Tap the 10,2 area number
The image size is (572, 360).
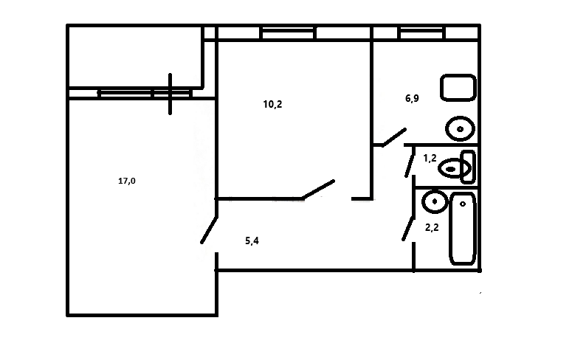pos(272,104)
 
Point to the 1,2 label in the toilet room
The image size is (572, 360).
pos(430,158)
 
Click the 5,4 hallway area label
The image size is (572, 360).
pos(252,240)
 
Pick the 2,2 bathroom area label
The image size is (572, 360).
pos(432,229)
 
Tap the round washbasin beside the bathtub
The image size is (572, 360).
pos(434,200)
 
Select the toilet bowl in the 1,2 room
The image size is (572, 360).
pos(449,168)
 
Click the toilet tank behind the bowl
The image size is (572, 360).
pos(466,166)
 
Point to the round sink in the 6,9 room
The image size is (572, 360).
pos(461,130)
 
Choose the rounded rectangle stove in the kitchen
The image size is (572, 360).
pos(458,88)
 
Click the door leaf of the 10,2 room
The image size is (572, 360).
pos(320,189)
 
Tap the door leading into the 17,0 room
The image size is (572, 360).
pos(209,229)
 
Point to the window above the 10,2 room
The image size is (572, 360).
pos(289,32)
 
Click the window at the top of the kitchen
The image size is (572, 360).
pos(420,32)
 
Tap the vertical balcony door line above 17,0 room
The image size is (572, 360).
pos(170,94)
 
